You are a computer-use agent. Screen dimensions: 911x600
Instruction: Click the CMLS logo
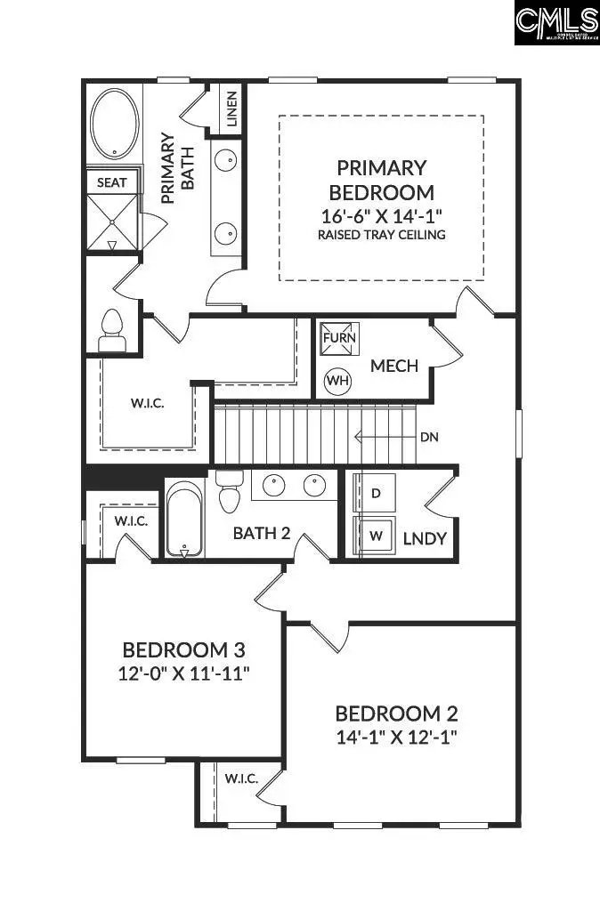tap(556, 23)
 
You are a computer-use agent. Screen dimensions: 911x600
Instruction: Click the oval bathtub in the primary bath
tap(114, 125)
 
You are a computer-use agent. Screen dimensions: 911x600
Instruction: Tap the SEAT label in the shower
tap(112, 182)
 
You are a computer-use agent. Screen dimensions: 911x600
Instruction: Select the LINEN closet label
tap(231, 109)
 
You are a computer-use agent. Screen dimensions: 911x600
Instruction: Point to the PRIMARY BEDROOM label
tap(381, 180)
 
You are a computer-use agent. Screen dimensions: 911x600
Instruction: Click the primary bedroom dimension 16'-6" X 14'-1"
tap(381, 215)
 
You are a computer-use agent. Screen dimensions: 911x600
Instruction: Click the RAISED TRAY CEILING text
tap(381, 235)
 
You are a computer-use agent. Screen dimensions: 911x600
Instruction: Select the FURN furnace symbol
tap(339, 339)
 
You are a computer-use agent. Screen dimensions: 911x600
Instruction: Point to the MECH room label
tap(394, 366)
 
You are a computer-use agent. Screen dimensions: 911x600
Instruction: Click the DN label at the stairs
tap(430, 437)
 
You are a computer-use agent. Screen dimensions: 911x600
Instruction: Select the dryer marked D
tap(376, 493)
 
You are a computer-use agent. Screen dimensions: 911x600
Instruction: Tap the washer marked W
tap(376, 536)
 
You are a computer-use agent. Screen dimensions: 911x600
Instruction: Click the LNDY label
tap(424, 538)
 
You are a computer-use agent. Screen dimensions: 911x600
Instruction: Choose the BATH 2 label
tap(262, 534)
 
